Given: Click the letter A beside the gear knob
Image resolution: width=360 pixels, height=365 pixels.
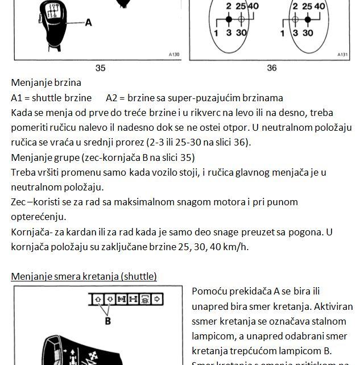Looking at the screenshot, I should click(89, 23).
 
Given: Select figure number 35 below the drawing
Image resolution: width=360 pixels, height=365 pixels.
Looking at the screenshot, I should click(100, 68).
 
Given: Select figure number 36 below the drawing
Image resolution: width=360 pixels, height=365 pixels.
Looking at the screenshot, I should click(272, 68).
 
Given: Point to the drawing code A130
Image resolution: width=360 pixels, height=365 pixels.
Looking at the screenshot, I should click(174, 55).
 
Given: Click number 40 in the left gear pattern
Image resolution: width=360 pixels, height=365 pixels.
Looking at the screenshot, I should click(253, 6).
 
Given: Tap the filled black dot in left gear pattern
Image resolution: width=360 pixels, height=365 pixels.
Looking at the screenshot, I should click(229, 19).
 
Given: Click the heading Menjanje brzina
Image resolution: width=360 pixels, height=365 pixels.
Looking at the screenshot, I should click(46, 83).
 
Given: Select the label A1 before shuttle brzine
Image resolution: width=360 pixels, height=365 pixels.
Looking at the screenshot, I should click(18, 98).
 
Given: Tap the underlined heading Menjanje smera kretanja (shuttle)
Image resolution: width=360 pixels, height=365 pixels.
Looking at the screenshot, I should click(84, 276).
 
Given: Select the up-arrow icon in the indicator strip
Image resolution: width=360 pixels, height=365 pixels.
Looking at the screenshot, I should click(97, 298).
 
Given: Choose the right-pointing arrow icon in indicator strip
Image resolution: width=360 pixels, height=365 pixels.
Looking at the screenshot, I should click(157, 298).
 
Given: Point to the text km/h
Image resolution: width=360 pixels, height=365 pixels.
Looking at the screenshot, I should click(239, 247).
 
